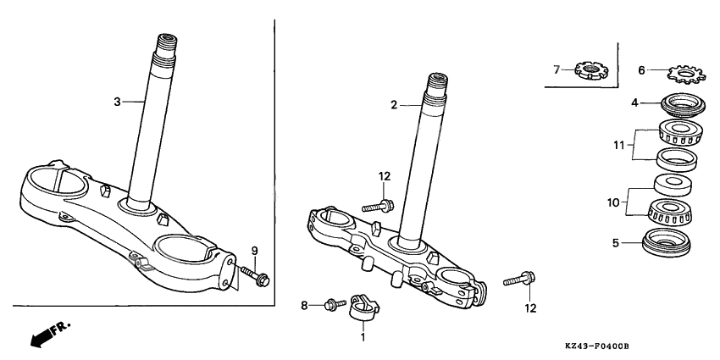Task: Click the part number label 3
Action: coord(118,102)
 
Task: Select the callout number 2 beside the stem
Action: coord(394,106)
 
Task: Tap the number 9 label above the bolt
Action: coord(254,250)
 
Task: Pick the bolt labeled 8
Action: coord(332,302)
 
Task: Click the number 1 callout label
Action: coord(363,337)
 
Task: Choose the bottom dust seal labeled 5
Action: coord(667,241)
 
